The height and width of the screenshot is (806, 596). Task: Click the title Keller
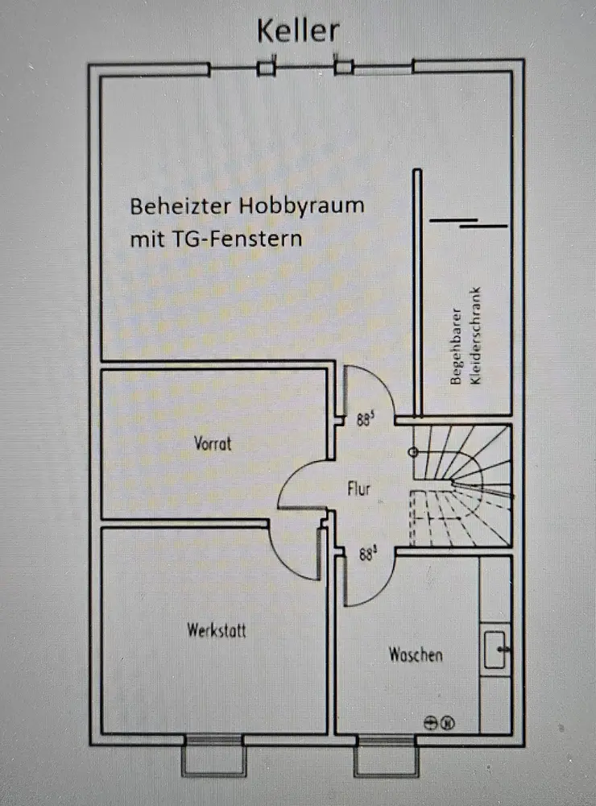point(298,31)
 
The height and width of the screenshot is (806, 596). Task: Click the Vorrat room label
point(213,442)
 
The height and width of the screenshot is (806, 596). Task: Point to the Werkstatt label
point(217,630)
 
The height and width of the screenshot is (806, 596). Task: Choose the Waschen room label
point(416,654)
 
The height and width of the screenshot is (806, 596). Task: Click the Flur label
point(358,488)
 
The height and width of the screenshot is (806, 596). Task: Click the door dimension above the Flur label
point(366,419)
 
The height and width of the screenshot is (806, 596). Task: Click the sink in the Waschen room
point(496,649)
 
